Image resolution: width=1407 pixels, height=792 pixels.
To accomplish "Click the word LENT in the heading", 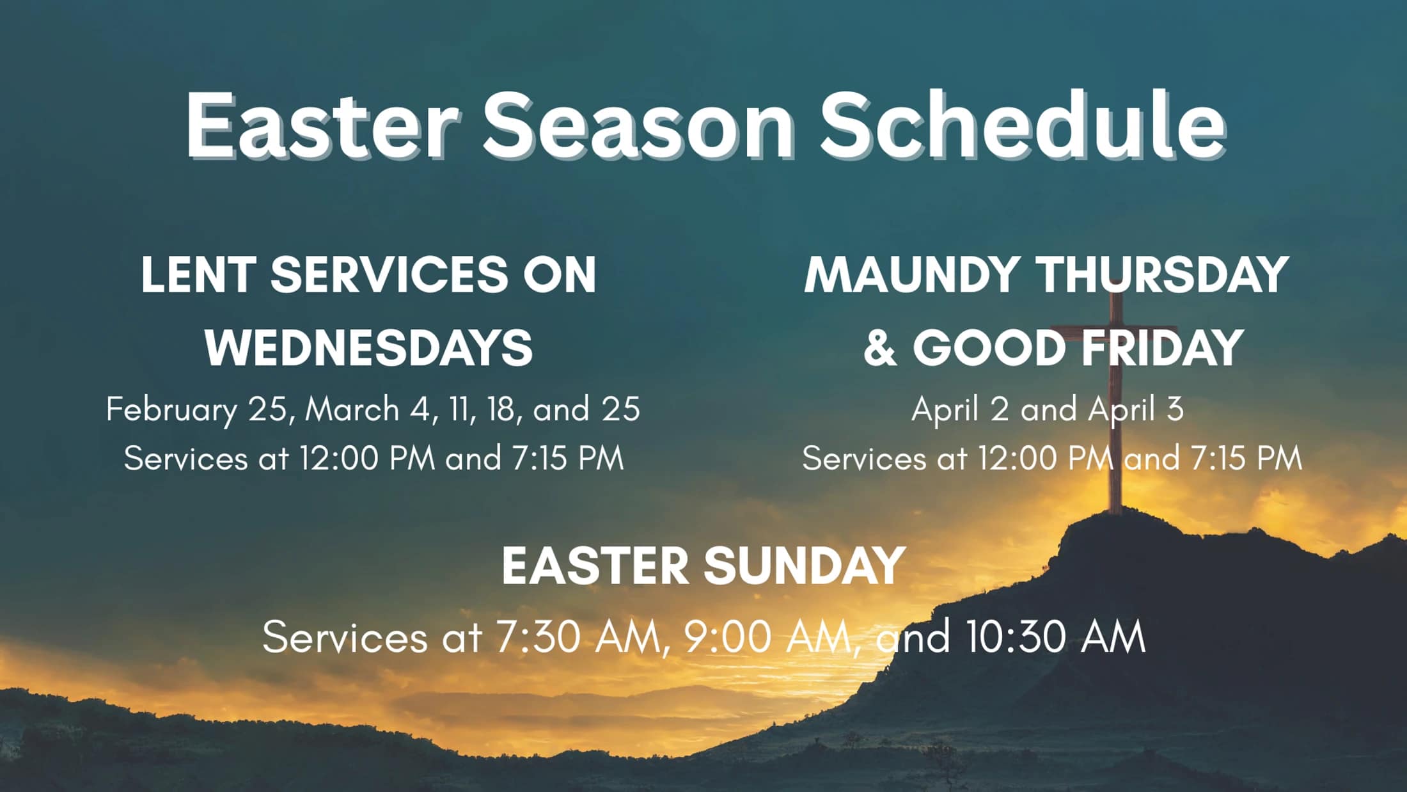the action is (x=199, y=274).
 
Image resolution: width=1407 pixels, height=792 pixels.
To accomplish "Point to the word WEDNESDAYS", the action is (x=368, y=348).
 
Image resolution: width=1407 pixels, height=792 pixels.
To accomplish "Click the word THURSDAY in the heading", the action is (x=1163, y=274).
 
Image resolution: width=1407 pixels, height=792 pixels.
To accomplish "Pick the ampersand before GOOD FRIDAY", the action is (x=880, y=348).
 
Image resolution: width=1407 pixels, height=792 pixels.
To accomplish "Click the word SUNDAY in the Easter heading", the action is (x=805, y=566).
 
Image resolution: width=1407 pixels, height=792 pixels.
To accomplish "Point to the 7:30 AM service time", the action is (x=577, y=637).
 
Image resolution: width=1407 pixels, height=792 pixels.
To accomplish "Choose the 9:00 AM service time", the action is (x=767, y=637).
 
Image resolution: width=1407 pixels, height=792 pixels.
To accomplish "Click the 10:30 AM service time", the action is (x=1056, y=637).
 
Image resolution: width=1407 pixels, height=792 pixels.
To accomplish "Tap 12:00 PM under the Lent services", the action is (x=368, y=459).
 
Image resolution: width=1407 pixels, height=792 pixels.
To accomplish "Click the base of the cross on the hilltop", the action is (x=1115, y=511).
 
